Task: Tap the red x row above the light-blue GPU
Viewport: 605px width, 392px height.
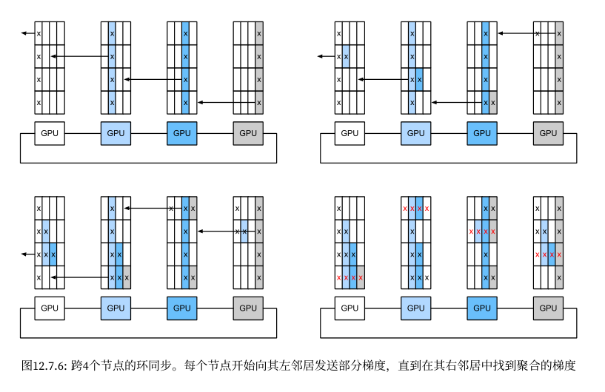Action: pyautogui.click(x=415, y=209)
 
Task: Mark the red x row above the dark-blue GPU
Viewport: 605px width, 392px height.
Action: pyautogui.click(x=481, y=232)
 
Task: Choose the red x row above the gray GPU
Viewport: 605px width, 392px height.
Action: pyautogui.click(x=548, y=255)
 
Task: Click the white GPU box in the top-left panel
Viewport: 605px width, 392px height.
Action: pyautogui.click(x=50, y=133)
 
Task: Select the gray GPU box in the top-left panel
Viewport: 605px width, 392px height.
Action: pyautogui.click(x=248, y=133)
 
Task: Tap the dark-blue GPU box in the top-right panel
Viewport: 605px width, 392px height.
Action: pyautogui.click(x=481, y=133)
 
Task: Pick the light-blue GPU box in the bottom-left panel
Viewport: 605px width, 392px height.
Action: pyautogui.click(x=116, y=308)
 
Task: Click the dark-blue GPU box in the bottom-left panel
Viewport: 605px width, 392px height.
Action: pyautogui.click(x=181, y=308)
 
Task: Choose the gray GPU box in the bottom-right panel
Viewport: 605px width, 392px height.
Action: pyautogui.click(x=548, y=308)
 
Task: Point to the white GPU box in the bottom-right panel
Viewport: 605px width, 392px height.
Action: pyautogui.click(x=350, y=308)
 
